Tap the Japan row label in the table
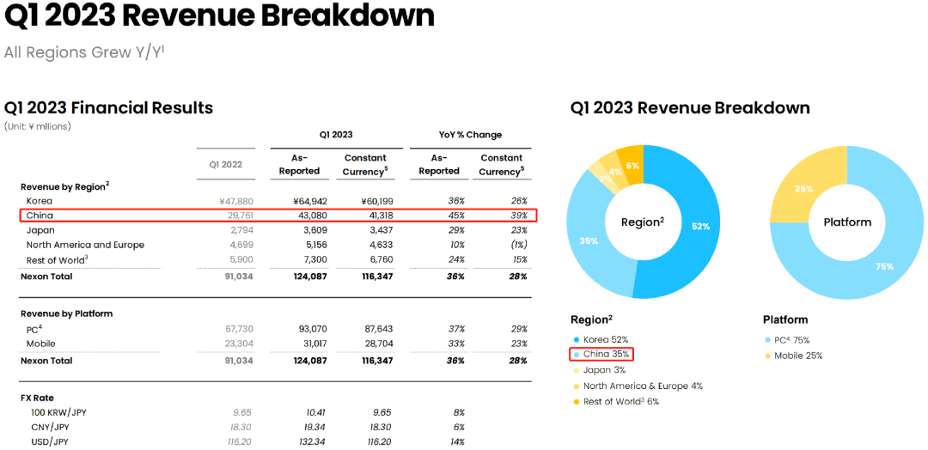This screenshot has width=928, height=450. [x=40, y=230]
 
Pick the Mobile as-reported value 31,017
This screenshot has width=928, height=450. [x=310, y=344]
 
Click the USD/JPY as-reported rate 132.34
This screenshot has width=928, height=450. [x=310, y=441]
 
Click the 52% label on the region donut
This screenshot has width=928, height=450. [x=701, y=227]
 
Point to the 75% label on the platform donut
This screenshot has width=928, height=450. [x=884, y=266]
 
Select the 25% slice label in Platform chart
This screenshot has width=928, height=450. [x=804, y=189]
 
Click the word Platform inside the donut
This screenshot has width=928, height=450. [x=847, y=222]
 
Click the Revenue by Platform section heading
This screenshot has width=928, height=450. [x=67, y=313]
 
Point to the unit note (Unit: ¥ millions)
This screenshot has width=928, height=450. [x=38, y=126]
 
